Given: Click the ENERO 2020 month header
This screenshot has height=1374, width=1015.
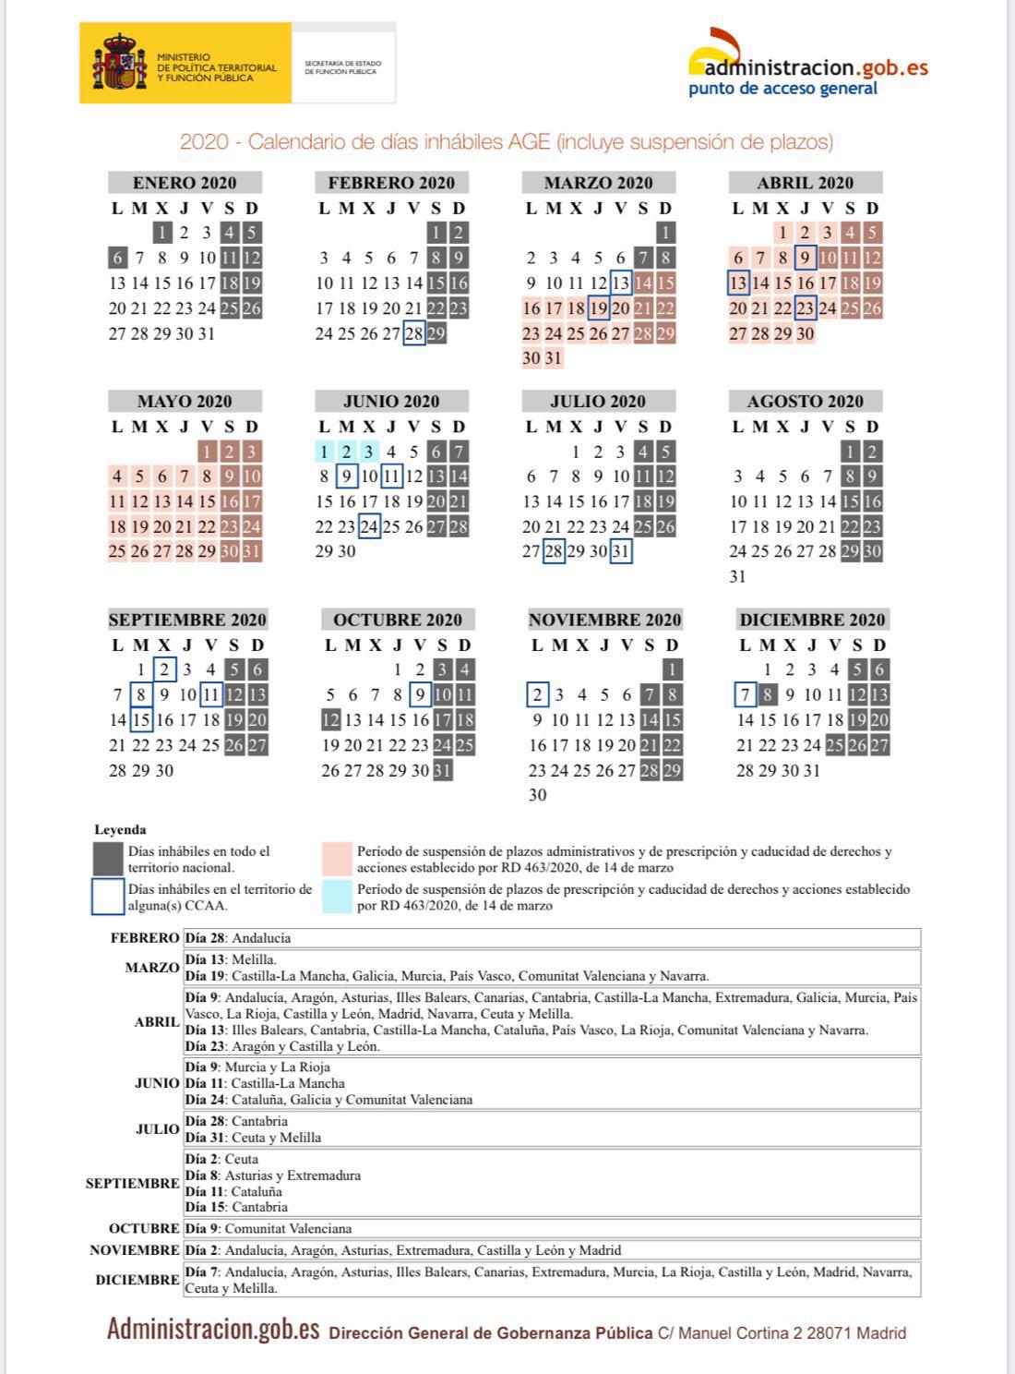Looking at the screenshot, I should (185, 183).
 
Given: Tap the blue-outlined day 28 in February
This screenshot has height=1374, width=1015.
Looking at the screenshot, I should (413, 333).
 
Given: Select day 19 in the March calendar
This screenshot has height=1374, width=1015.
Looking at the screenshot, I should (598, 308).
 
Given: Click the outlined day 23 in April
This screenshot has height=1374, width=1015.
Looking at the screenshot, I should (805, 308).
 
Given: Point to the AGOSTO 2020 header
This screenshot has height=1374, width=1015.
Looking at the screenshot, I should (805, 402).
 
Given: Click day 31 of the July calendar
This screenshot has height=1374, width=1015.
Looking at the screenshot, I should (621, 552).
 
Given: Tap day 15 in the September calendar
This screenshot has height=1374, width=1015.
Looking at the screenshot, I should (141, 720).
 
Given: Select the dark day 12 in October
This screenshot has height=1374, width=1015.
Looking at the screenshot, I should (330, 720).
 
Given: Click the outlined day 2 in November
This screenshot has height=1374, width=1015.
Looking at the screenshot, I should (537, 695).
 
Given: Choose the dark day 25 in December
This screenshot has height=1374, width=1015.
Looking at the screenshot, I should (835, 745).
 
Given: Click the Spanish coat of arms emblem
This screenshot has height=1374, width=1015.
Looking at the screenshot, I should (120, 63).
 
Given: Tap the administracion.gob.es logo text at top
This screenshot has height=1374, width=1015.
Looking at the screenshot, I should (809, 67).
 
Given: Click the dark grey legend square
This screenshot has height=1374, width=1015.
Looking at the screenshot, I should (108, 859).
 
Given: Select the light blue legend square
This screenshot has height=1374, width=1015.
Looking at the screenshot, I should (337, 898).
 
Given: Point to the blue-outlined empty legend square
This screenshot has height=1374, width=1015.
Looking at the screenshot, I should (108, 897).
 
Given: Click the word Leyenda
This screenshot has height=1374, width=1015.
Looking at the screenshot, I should (120, 830).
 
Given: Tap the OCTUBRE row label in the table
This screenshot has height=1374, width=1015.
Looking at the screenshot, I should (144, 1229).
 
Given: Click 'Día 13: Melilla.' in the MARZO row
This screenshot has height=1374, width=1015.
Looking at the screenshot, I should (231, 960).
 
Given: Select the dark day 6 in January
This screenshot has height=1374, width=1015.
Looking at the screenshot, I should (117, 259).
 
